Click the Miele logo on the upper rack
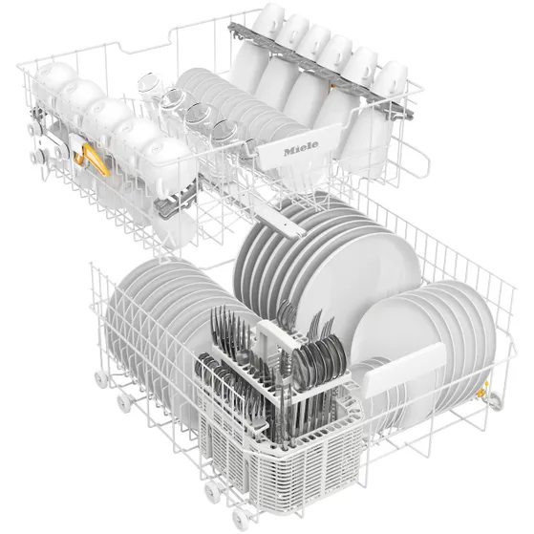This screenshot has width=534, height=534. coord(301,148)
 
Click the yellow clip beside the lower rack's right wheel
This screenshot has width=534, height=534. coord(481,394)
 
